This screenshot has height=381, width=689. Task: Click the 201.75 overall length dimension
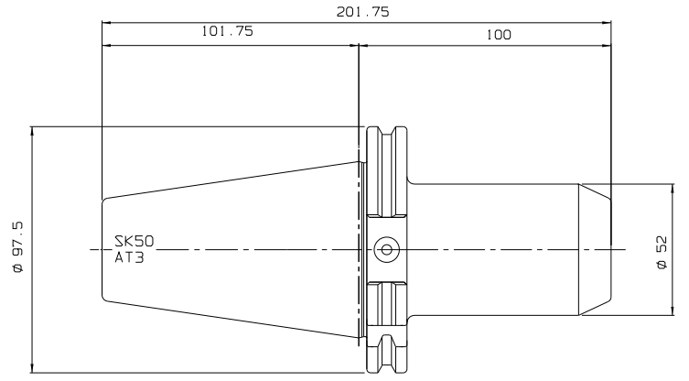[363, 11]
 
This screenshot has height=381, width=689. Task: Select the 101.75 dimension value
[228, 31]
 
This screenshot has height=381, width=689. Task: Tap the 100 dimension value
[499, 35]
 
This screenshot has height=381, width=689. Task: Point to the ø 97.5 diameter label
[18, 247]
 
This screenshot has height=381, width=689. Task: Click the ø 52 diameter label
[662, 253]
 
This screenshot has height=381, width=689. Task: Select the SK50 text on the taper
[135, 241]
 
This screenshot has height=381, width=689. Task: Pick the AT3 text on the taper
[129, 257]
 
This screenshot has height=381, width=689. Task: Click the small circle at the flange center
[387, 250]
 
